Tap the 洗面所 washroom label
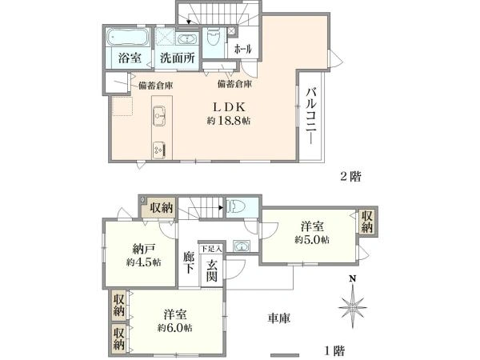177,59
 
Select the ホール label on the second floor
243,50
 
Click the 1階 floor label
334,350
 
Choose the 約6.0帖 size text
174,327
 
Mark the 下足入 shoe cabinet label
211,250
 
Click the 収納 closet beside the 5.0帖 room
366,221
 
